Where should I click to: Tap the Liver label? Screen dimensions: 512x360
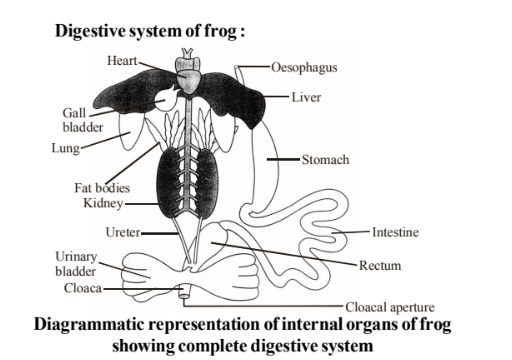tap(304, 97)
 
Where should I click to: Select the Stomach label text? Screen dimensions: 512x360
tap(325, 159)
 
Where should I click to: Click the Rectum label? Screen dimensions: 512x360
tap(381, 265)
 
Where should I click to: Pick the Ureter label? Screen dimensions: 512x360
tap(120, 231)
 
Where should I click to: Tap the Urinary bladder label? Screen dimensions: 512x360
tap(75, 264)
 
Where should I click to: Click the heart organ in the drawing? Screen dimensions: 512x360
tap(190, 71)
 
